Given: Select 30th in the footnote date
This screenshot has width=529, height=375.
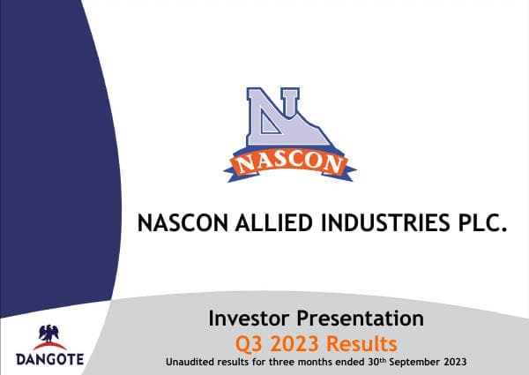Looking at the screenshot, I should pyautogui.click(x=361, y=362).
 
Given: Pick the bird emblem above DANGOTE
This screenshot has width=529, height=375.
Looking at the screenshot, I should pyautogui.click(x=49, y=335).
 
